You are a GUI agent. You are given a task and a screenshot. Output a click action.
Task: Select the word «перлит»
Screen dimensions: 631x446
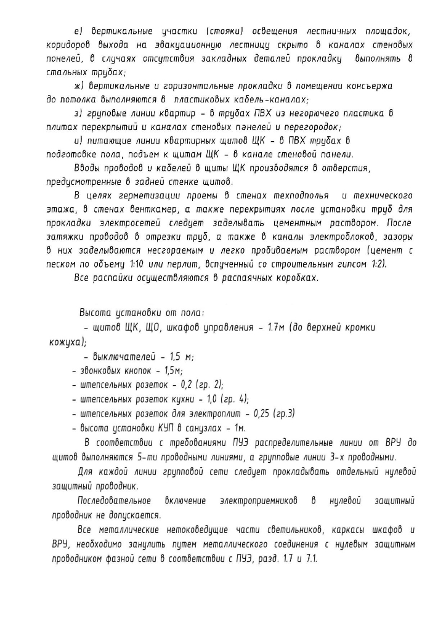(183, 264)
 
